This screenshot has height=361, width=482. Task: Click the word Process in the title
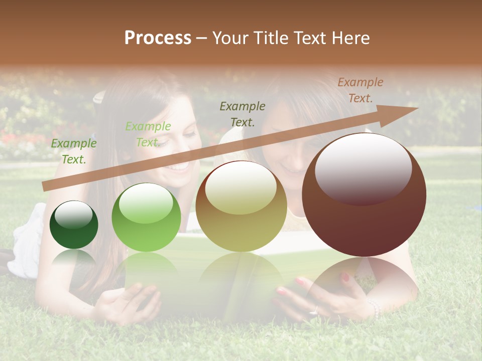point(158,38)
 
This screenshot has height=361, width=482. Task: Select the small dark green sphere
point(74,225)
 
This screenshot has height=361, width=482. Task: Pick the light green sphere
point(146,217)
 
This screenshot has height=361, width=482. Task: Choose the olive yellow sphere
point(241,206)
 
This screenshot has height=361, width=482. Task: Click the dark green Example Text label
point(74,151)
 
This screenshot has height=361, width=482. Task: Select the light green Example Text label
point(148,134)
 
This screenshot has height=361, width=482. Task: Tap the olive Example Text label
point(243,114)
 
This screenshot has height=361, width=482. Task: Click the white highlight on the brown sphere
point(363,168)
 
